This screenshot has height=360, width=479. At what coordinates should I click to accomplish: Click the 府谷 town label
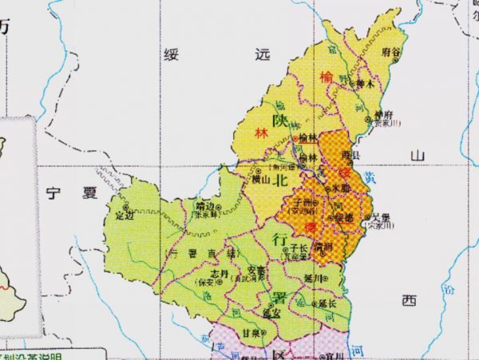click(391, 50)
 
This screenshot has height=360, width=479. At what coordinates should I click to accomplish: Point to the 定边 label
click(124, 215)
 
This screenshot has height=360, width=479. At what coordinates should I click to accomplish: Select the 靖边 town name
click(205, 205)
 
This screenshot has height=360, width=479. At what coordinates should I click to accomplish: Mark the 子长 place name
click(300, 249)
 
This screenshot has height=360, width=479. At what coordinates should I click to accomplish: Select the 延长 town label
click(327, 304)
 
